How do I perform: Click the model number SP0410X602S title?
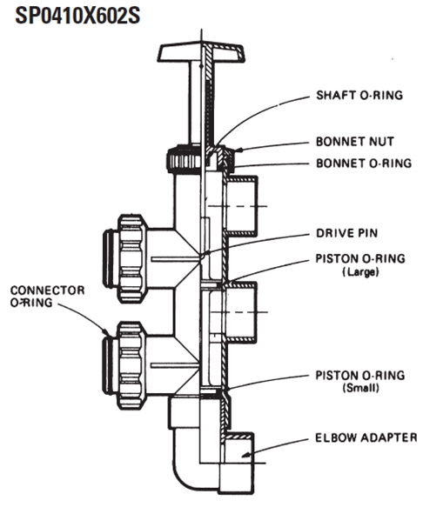pyautogui.click(x=77, y=16)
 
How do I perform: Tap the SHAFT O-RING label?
pyautogui.click(x=359, y=95)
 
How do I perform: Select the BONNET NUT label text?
pyautogui.click(x=355, y=142)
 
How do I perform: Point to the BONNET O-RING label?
pyautogui.click(x=364, y=163)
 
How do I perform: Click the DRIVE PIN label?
pyautogui.click(x=347, y=233)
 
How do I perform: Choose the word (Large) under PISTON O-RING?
pyautogui.click(x=360, y=271)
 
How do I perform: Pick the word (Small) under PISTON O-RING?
pyautogui.click(x=360, y=388)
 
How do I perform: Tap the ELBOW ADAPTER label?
pyautogui.click(x=366, y=437)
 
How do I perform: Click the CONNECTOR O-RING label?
pyautogui.click(x=47, y=297)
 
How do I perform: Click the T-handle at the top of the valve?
pyautogui.click(x=201, y=52)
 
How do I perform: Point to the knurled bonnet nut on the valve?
pyautogui.click(x=201, y=159)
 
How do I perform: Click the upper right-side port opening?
pyautogui.click(x=242, y=206)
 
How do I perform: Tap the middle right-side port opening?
pyautogui.click(x=242, y=312)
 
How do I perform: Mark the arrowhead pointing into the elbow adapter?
pyautogui.click(x=245, y=455)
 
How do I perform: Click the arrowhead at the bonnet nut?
pyautogui.click(x=238, y=150)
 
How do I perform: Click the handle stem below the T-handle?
pyautogui.click(x=201, y=103)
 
